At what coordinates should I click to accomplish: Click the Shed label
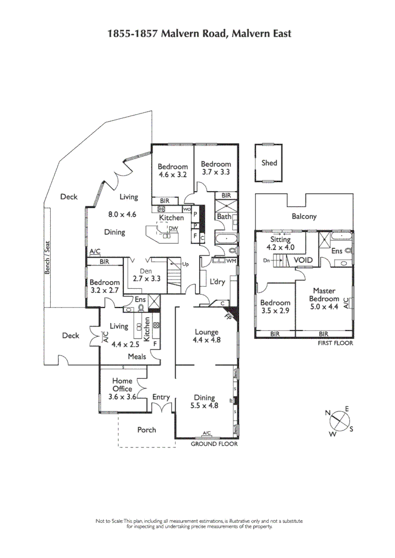click(269, 163)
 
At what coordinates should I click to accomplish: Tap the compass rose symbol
click(339, 420)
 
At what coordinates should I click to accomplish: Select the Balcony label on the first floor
click(304, 217)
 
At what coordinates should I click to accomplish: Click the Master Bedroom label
click(324, 299)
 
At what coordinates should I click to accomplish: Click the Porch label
click(146, 430)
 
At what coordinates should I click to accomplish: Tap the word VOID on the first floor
click(303, 260)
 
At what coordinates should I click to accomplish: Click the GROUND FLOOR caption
click(214, 444)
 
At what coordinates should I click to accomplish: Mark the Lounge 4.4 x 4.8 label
click(206, 336)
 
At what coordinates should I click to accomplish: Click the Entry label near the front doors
click(161, 397)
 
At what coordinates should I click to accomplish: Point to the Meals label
click(137, 357)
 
